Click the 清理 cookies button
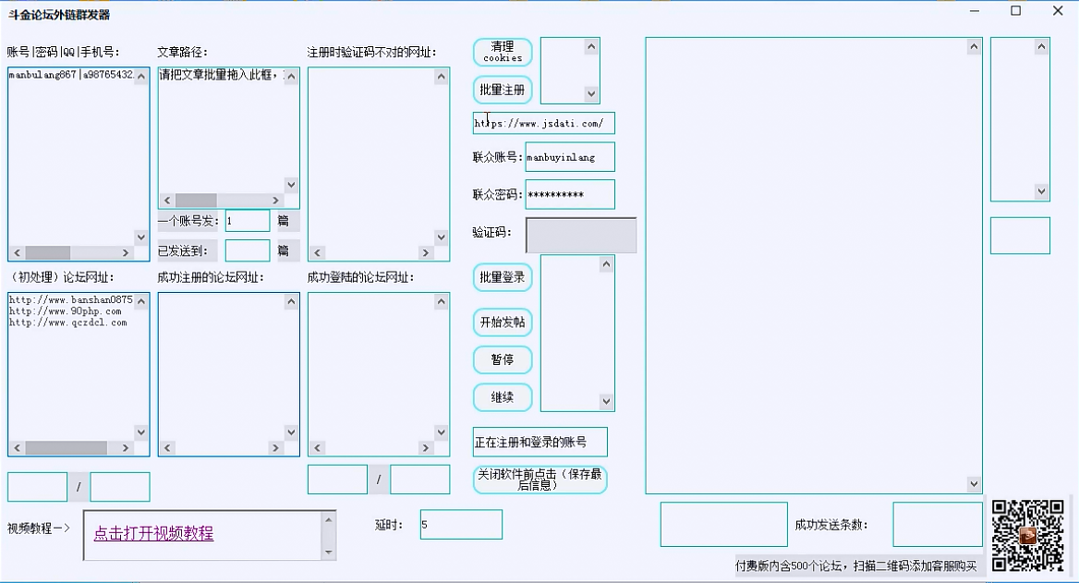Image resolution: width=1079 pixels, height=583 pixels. [x=503, y=52]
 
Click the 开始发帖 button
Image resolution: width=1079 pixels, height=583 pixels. [x=503, y=322]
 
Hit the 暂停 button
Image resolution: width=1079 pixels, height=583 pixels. [x=503, y=359]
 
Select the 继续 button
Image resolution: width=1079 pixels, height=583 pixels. [x=503, y=397]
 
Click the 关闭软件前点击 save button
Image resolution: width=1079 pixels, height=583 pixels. [x=539, y=479]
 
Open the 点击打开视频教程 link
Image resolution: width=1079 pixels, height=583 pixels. [x=153, y=533]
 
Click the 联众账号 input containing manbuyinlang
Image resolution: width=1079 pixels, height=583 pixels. [x=569, y=157]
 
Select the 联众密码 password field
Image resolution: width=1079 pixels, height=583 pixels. [x=569, y=195]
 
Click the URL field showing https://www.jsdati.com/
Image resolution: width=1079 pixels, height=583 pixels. [x=543, y=124]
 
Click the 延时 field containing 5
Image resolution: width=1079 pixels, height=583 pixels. [x=460, y=525]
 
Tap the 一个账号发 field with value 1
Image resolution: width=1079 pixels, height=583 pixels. [x=247, y=221]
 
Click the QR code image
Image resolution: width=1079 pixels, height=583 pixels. [x=1027, y=535]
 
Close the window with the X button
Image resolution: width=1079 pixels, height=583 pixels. [x=1058, y=11]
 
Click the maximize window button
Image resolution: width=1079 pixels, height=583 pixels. [x=1016, y=11]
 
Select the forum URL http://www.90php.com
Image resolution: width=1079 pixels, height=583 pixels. [x=66, y=311]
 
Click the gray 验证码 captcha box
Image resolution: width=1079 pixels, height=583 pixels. [x=580, y=236]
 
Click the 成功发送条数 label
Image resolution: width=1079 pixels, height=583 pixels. [x=830, y=525]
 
